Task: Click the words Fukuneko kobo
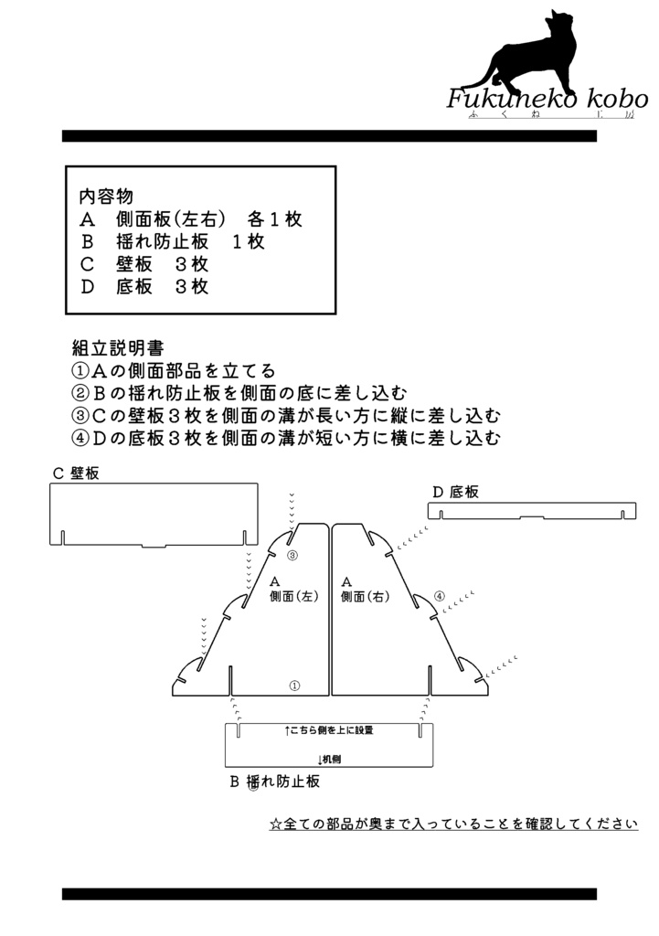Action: click(x=547, y=99)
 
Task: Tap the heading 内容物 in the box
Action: click(x=106, y=197)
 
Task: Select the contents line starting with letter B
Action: click(x=172, y=241)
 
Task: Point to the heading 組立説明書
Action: click(x=118, y=348)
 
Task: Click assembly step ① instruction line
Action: click(x=173, y=371)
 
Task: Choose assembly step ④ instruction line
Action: click(x=285, y=438)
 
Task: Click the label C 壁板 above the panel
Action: click(x=76, y=473)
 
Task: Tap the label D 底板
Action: click(x=455, y=492)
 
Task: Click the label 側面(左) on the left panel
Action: click(x=293, y=596)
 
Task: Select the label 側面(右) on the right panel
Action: click(x=365, y=596)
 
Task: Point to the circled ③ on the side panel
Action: click(x=292, y=556)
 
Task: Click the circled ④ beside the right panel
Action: click(x=439, y=596)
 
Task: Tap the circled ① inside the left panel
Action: click(x=294, y=686)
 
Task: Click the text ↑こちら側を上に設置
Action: click(x=329, y=730)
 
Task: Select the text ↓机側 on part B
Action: click(x=329, y=760)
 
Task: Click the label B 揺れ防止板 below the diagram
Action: click(x=275, y=782)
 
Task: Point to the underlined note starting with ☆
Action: click(x=453, y=824)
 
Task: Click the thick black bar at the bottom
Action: click(x=329, y=894)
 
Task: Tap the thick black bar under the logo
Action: click(x=329, y=136)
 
